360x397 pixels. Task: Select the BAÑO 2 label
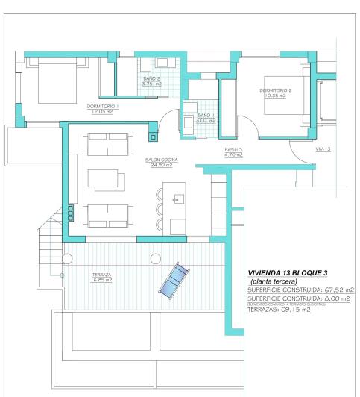pyautogui.click(x=152, y=78)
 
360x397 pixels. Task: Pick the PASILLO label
pyautogui.click(x=234, y=149)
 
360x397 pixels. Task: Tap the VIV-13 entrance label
pyautogui.click(x=323, y=149)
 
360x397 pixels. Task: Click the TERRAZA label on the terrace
pyautogui.click(x=102, y=275)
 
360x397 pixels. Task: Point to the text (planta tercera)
pyautogui.click(x=272, y=281)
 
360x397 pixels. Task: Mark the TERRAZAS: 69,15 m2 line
pyautogui.click(x=279, y=310)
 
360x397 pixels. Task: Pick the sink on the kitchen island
pyautogui.click(x=178, y=198)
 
